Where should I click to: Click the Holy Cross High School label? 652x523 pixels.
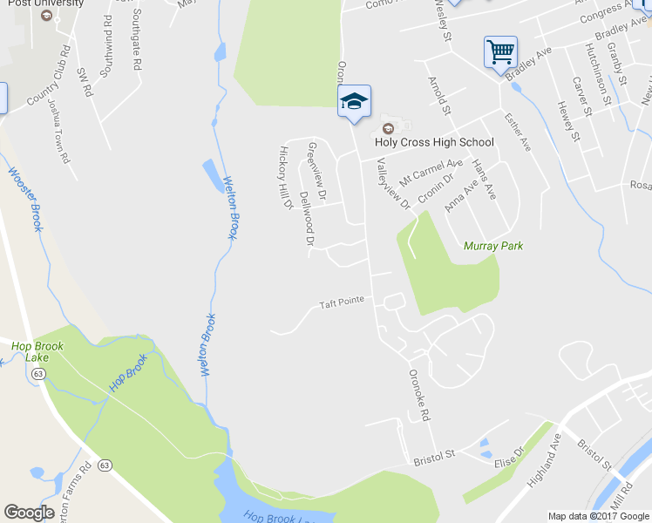(434, 142)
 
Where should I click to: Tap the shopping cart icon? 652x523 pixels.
(501, 51)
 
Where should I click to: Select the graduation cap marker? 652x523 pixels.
(355, 101)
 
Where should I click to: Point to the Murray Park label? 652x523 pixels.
(493, 246)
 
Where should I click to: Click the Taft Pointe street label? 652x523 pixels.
(341, 304)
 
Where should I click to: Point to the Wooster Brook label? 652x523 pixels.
(24, 199)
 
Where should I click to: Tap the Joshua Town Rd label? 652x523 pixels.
(58, 131)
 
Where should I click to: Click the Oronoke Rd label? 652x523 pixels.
(420, 396)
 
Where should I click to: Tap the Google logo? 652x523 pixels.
(29, 513)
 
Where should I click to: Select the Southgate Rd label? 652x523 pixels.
(137, 40)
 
